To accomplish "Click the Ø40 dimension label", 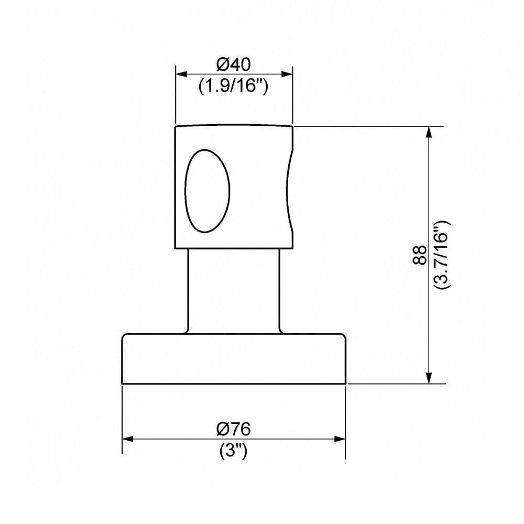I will click(233, 65).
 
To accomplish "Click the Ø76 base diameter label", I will click(233, 429).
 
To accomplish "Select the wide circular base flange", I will click(233, 358).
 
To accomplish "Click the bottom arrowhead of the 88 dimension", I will click(429, 378).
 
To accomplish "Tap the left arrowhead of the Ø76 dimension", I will click(127, 439).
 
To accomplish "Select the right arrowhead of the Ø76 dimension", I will click(341, 439).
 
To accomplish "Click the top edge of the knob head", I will click(233, 125).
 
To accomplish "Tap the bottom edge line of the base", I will click(233, 384).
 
